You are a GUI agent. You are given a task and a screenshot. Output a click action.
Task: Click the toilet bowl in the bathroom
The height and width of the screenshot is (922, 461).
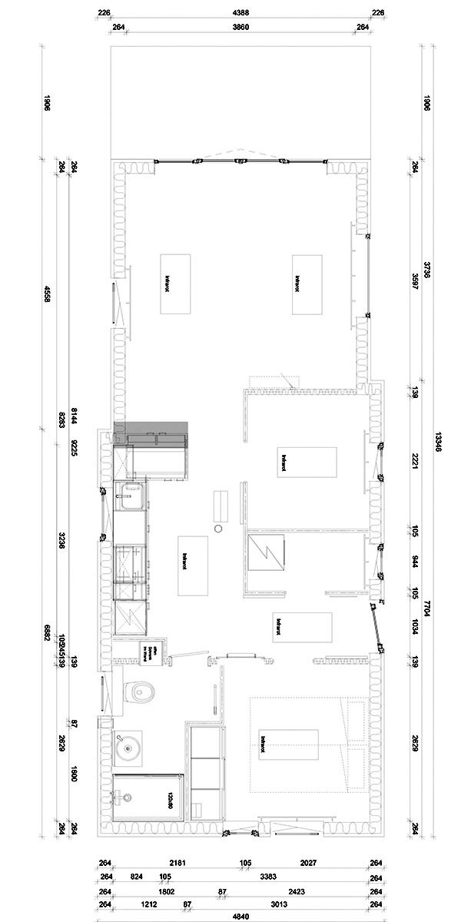tap(141, 691)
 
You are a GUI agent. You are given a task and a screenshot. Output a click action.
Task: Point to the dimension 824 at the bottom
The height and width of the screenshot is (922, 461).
tap(137, 875)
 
